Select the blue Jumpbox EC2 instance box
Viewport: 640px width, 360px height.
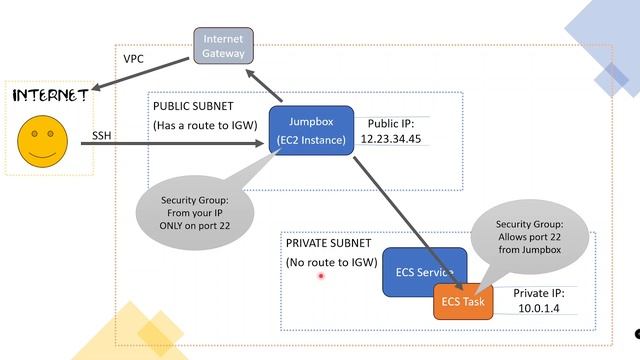pyautogui.click(x=312, y=130)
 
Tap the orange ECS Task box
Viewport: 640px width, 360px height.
pyautogui.click(x=463, y=301)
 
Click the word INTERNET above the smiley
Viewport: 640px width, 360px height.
pyautogui.click(x=49, y=95)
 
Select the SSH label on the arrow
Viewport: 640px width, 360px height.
pyautogui.click(x=102, y=135)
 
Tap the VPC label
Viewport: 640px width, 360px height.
pyautogui.click(x=133, y=59)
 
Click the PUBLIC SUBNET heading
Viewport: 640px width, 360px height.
pyautogui.click(x=194, y=105)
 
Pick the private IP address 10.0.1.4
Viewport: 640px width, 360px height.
pyautogui.click(x=539, y=311)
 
